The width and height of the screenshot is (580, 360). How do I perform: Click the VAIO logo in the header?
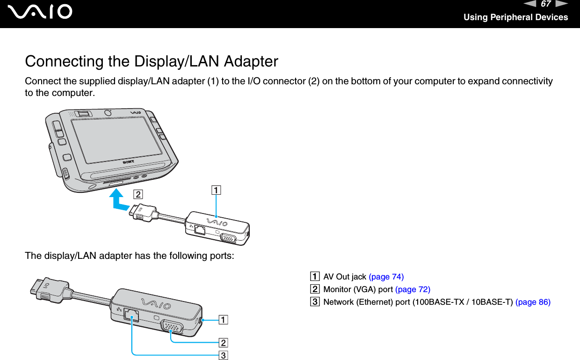pos(43,12)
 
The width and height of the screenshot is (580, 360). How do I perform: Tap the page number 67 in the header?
pos(545,5)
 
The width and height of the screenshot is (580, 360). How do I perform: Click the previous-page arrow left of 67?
pos(533,5)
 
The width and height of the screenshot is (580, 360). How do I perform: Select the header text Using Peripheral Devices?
pos(515,17)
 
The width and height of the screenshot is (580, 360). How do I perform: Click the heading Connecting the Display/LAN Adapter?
pos(152,61)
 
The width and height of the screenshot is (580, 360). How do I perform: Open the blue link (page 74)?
pos(386,277)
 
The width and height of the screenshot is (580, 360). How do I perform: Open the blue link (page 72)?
pos(413,289)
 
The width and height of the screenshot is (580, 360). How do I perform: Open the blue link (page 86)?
pos(533,302)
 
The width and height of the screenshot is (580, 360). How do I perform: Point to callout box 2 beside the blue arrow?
pos(138,193)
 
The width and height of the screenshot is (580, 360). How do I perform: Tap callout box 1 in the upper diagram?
pos(216,190)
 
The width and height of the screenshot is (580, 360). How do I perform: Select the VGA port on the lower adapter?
pos(171,326)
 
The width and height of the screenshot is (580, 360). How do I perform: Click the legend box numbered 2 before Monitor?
pos(318,289)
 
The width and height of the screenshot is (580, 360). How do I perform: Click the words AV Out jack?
pos(345,277)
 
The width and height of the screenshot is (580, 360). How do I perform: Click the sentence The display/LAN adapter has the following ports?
pos(130,256)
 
